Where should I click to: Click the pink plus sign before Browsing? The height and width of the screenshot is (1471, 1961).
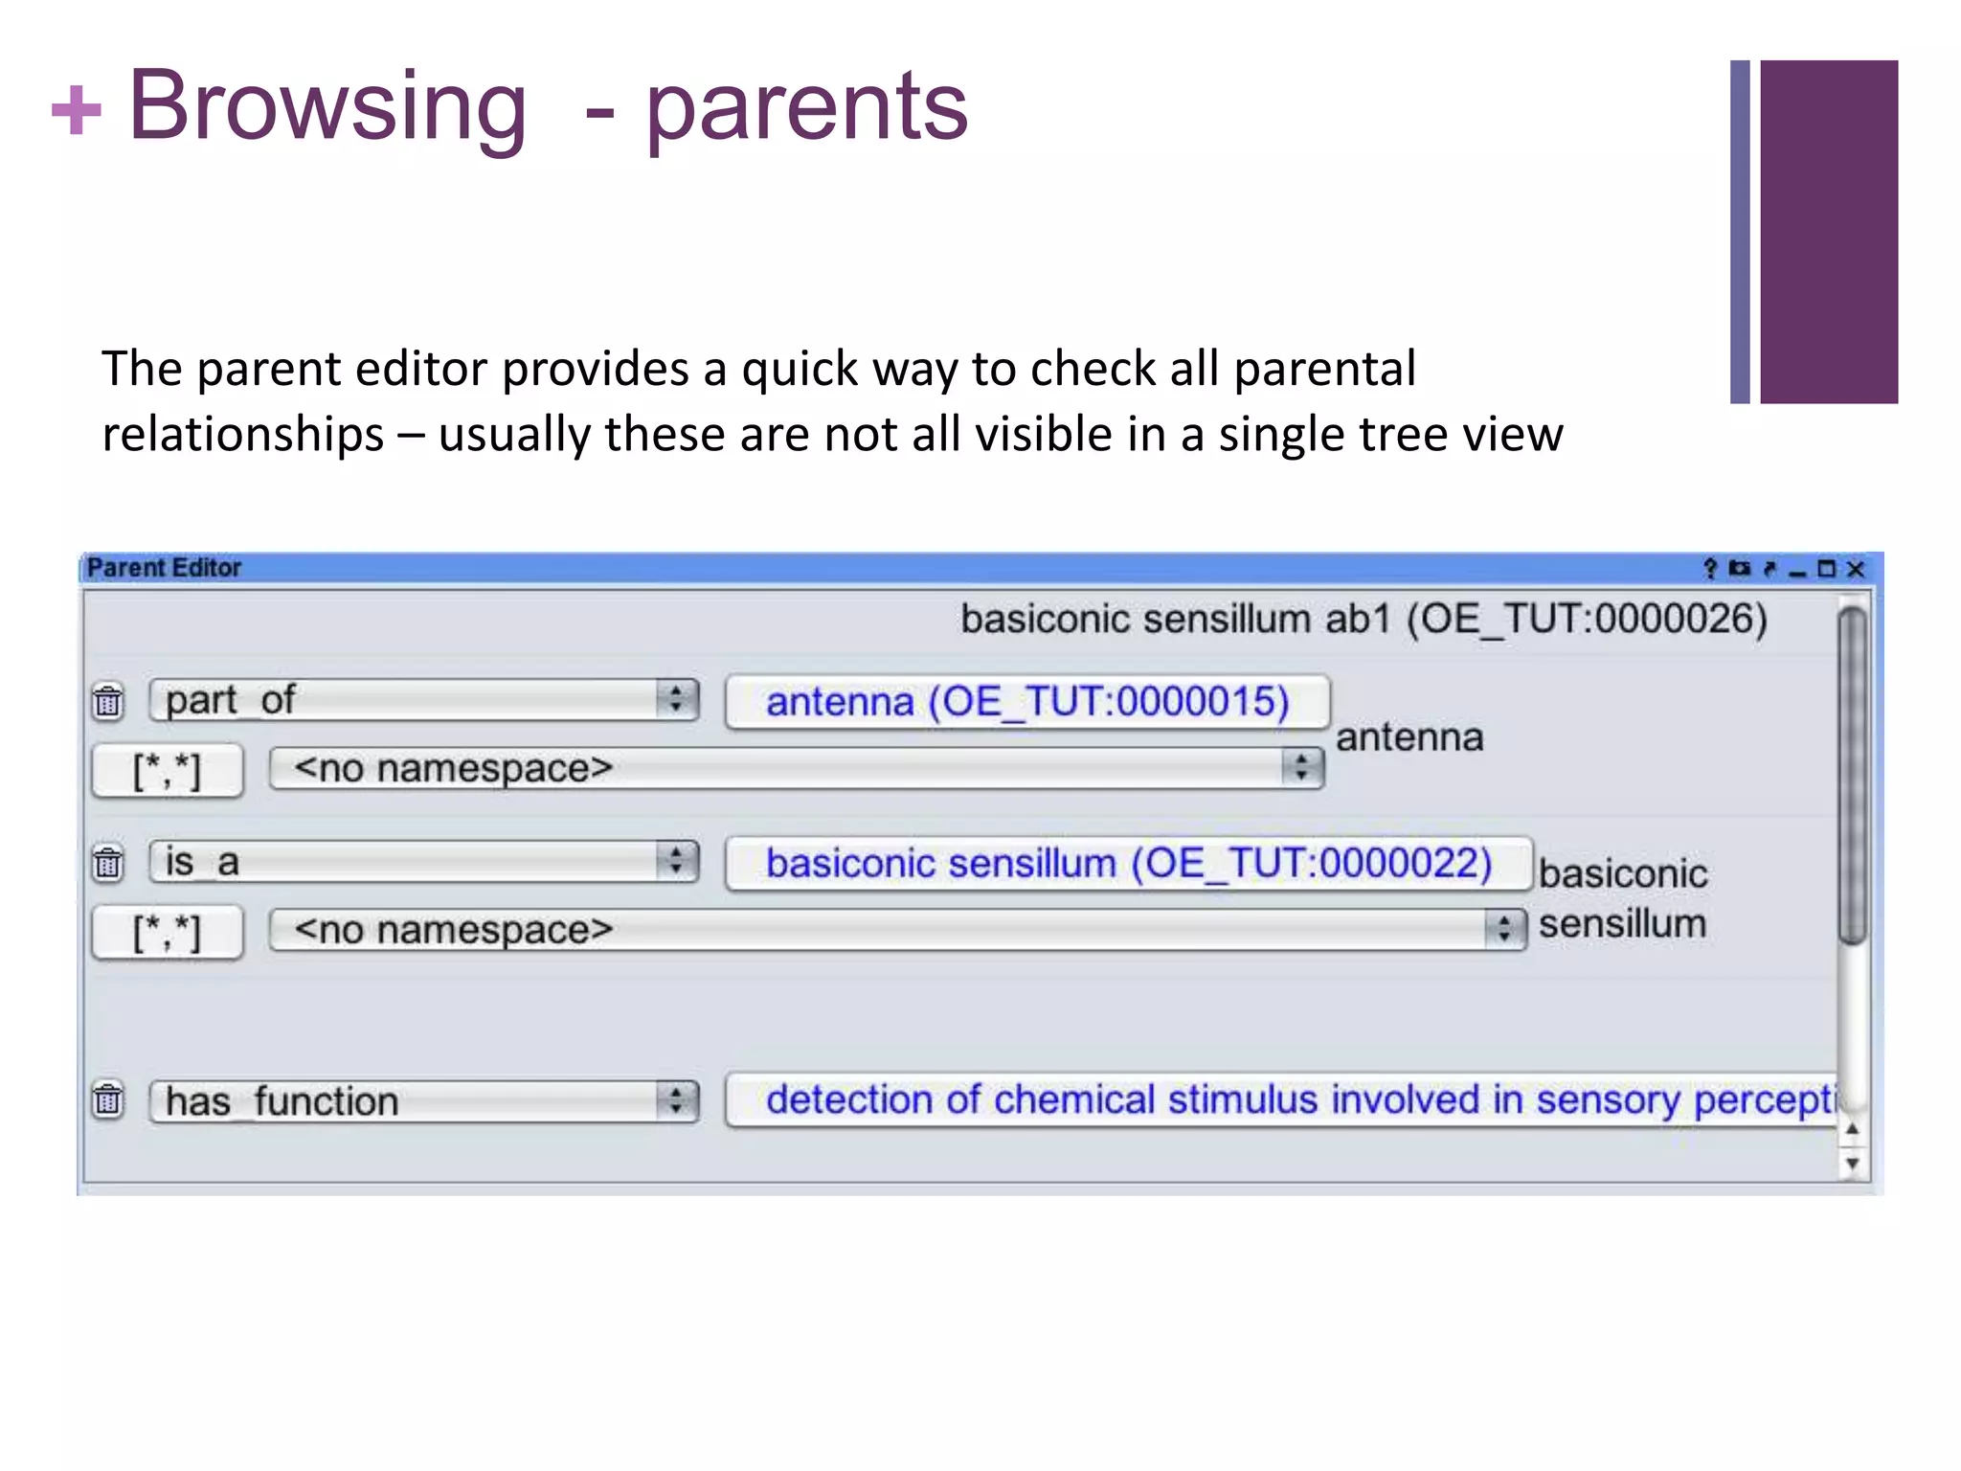76,110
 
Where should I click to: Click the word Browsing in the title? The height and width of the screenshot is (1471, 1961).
327,107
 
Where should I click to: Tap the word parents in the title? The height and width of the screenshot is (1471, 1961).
806,107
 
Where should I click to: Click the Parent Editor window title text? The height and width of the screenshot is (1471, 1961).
164,568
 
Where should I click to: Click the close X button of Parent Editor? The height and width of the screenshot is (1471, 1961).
1856,570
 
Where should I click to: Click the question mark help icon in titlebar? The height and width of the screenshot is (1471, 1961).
1710,569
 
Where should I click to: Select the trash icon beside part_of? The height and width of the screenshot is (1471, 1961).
108,702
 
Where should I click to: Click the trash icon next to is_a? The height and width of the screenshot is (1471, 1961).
108,863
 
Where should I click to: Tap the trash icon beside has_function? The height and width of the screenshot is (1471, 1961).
108,1099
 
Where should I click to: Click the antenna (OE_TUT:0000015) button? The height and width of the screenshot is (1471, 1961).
1027,702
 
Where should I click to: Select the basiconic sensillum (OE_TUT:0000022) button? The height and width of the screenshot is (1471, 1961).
1128,864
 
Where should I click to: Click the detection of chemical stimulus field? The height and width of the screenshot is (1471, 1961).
1283,1100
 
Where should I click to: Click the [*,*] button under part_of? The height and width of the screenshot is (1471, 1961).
168,771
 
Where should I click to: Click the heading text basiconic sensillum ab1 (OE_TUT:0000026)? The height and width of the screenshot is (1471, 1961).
1364,620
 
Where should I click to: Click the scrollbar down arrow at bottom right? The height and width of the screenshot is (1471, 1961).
1852,1164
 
